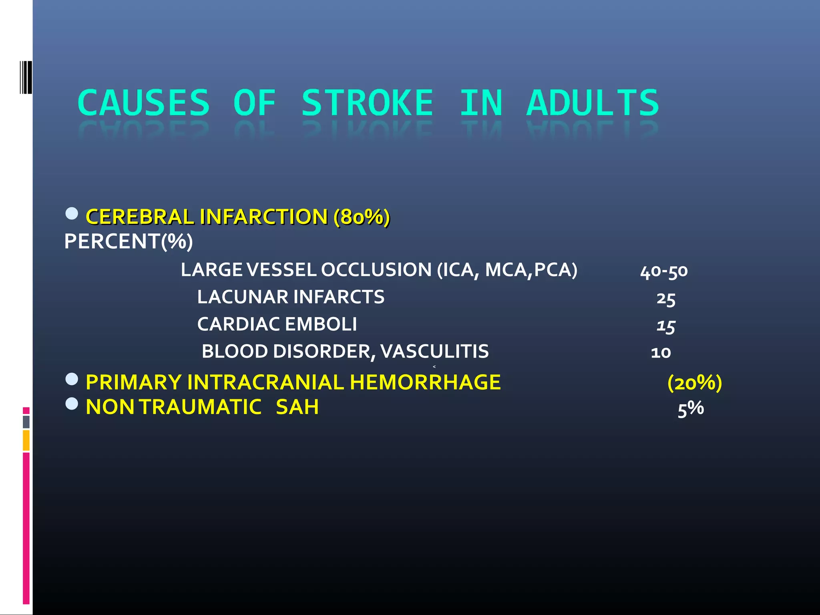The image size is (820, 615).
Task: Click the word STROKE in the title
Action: tap(367, 103)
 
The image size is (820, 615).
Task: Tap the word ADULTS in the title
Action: tap(593, 103)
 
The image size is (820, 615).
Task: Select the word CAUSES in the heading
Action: tap(143, 103)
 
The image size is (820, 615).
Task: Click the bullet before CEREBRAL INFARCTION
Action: tap(72, 213)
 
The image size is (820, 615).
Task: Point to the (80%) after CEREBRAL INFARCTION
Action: tap(362, 217)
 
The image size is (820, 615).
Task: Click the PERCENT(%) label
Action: tap(129, 241)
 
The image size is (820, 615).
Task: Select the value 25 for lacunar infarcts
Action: tap(666, 299)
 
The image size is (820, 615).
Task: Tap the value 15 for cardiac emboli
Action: tap(666, 326)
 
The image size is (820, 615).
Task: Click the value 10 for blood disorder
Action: tap(661, 352)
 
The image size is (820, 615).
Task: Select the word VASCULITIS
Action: tap(434, 352)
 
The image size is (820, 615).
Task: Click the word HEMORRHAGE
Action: tap(425, 382)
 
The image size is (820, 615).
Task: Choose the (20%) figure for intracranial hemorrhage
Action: tap(695, 383)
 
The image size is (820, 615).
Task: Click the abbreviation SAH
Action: tap(297, 407)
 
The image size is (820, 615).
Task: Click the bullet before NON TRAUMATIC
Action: tap(72, 404)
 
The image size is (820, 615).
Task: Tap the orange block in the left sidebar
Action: tap(26, 440)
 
